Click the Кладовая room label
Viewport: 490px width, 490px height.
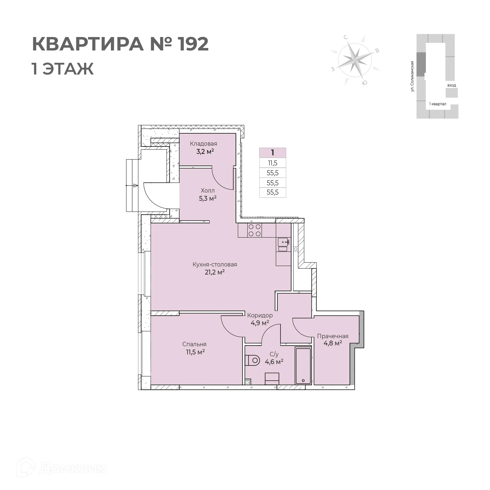(x=203, y=144)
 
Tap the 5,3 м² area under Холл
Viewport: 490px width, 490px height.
(x=207, y=198)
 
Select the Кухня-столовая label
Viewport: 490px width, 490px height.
(x=215, y=264)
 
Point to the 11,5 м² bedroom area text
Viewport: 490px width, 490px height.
(x=195, y=352)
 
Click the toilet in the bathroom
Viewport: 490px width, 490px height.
(x=252, y=361)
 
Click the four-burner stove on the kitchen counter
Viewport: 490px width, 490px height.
(x=254, y=230)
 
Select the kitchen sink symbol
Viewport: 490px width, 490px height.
(x=283, y=241)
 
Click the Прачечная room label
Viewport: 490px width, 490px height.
(x=333, y=336)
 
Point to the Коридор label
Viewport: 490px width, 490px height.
(x=260, y=315)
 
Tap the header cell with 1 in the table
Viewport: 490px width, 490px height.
(x=273, y=153)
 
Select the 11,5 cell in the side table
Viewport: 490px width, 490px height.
(x=273, y=163)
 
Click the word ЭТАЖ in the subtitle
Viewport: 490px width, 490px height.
(x=68, y=69)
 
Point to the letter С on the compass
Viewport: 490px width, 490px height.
(x=346, y=38)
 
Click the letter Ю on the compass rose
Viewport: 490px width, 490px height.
(x=365, y=83)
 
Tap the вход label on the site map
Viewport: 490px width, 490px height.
(x=451, y=85)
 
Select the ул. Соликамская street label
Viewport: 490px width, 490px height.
(x=412, y=76)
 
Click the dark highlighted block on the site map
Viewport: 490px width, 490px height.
(x=421, y=64)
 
